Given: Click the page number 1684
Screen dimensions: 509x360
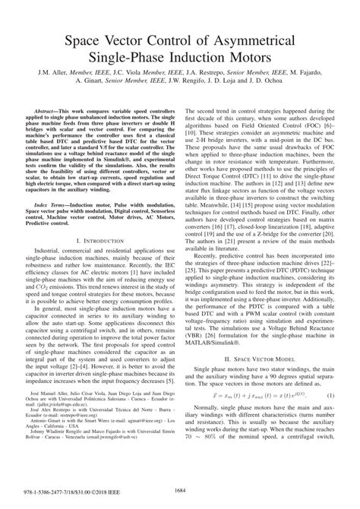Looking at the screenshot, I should coord(179,498).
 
